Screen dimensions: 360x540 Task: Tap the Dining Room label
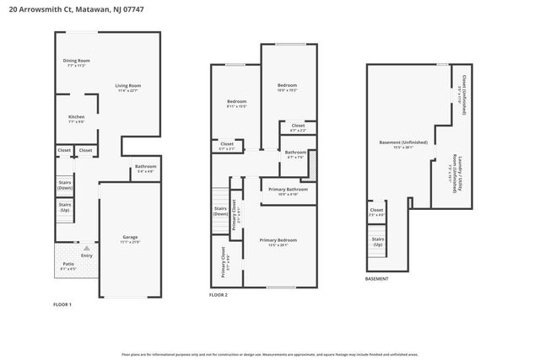pyautogui.click(x=77, y=61)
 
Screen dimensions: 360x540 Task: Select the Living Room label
pyautogui.click(x=127, y=85)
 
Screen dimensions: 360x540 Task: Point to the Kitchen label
pyautogui.click(x=77, y=116)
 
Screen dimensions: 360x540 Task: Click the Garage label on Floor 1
pyautogui.click(x=130, y=237)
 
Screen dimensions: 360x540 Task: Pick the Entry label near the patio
pyautogui.click(x=87, y=255)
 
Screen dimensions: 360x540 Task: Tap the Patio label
pyautogui.click(x=68, y=265)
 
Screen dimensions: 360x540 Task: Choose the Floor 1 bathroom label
pyautogui.click(x=145, y=167)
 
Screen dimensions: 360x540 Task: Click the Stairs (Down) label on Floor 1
pyautogui.click(x=64, y=184)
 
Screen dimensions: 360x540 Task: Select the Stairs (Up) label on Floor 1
pyautogui.click(x=64, y=206)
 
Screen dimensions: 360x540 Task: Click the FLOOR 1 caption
pyautogui.click(x=62, y=304)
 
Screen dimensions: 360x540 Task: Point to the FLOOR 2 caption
pyautogui.click(x=219, y=295)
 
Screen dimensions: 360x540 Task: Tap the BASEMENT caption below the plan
pyautogui.click(x=377, y=278)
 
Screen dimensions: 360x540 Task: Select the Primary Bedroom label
pyautogui.click(x=278, y=239)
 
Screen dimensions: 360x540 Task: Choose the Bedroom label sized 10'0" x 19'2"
pyautogui.click(x=288, y=85)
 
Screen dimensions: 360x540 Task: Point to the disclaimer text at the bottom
pyautogui.click(x=269, y=355)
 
